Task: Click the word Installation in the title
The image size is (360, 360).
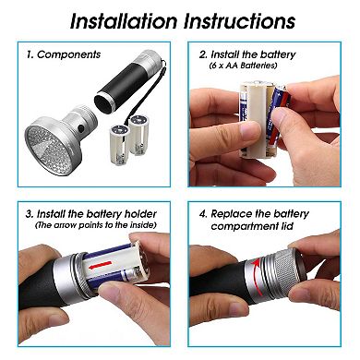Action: pyautogui.click(x=124, y=21)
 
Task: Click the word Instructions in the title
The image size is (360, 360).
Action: pyautogui.click(x=240, y=21)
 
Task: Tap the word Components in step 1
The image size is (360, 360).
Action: pyautogui.click(x=68, y=54)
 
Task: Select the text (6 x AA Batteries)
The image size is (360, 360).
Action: pyautogui.click(x=243, y=66)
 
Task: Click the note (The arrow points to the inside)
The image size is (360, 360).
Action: pyautogui.click(x=96, y=225)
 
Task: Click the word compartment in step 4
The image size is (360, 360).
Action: pyautogui.click(x=241, y=227)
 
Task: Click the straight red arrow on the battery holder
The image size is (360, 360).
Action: pyautogui.click(x=101, y=264)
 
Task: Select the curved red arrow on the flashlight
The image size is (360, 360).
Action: pyautogui.click(x=256, y=277)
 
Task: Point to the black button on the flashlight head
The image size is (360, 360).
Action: pyautogui.click(x=81, y=128)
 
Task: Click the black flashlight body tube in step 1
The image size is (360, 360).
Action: pyautogui.click(x=121, y=89)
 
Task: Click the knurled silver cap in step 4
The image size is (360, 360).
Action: pyautogui.click(x=283, y=270)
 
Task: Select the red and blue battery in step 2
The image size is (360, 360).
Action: pyautogui.click(x=277, y=118)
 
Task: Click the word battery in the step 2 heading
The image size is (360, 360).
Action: pyautogui.click(x=274, y=55)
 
